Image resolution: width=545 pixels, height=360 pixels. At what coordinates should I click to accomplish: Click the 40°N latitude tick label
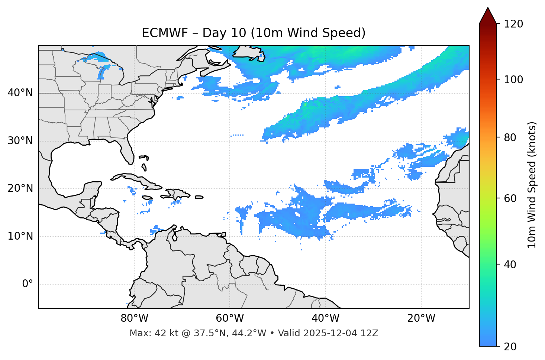coord(20,93)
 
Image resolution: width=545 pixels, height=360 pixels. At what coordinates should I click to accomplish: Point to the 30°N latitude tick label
coord(20,141)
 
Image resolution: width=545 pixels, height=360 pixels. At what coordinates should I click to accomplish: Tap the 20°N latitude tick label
coord(20,188)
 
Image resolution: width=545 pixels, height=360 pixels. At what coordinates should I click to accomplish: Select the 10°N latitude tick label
coord(20,236)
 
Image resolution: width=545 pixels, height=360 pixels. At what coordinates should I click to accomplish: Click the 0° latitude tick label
coord(27,284)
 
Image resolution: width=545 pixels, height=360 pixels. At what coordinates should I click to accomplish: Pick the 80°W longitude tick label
coord(134,318)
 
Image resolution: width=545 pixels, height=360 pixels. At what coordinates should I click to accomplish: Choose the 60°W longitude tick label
coord(230,318)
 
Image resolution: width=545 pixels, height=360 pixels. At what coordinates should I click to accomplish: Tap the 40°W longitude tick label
coord(325,318)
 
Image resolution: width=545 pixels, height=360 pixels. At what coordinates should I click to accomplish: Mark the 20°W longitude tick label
coord(421,318)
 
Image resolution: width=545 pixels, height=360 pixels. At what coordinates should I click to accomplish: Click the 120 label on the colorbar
coord(513,24)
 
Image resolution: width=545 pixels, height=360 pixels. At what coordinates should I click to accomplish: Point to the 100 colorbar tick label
coord(513,80)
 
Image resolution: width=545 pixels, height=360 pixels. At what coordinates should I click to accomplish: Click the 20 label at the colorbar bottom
coord(510,347)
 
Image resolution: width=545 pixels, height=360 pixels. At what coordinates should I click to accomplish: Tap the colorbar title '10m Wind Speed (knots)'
coord(532,185)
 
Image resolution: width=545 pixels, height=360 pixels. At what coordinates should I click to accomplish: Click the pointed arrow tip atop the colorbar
coord(488,9)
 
